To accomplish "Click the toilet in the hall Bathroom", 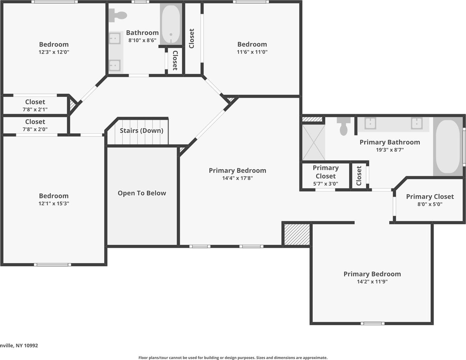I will pos(118,15).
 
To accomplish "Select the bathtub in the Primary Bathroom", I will pos(448,146).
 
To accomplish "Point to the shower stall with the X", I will pos(314,143).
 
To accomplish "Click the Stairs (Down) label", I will pos(141,131).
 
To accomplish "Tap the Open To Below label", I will pos(142,193).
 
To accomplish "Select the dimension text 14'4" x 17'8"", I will pos(237,178).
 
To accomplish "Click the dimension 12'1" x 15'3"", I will pos(54,204).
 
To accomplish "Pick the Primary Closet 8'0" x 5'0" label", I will pos(430,197).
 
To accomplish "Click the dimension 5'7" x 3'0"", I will pos(325,184).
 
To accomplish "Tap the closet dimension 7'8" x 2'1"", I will pos(35,109).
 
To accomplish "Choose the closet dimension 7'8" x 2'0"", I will pos(35,129).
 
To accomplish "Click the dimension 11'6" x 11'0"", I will pos(252,52).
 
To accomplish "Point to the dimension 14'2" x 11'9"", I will pos(372,281).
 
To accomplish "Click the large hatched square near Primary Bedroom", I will pos(297,234).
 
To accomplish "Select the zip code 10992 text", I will pos(31,345).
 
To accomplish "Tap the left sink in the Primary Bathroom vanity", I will pos(370,123).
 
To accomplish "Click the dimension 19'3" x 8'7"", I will pos(390,150).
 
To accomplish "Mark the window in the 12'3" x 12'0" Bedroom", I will pos(54,2).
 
